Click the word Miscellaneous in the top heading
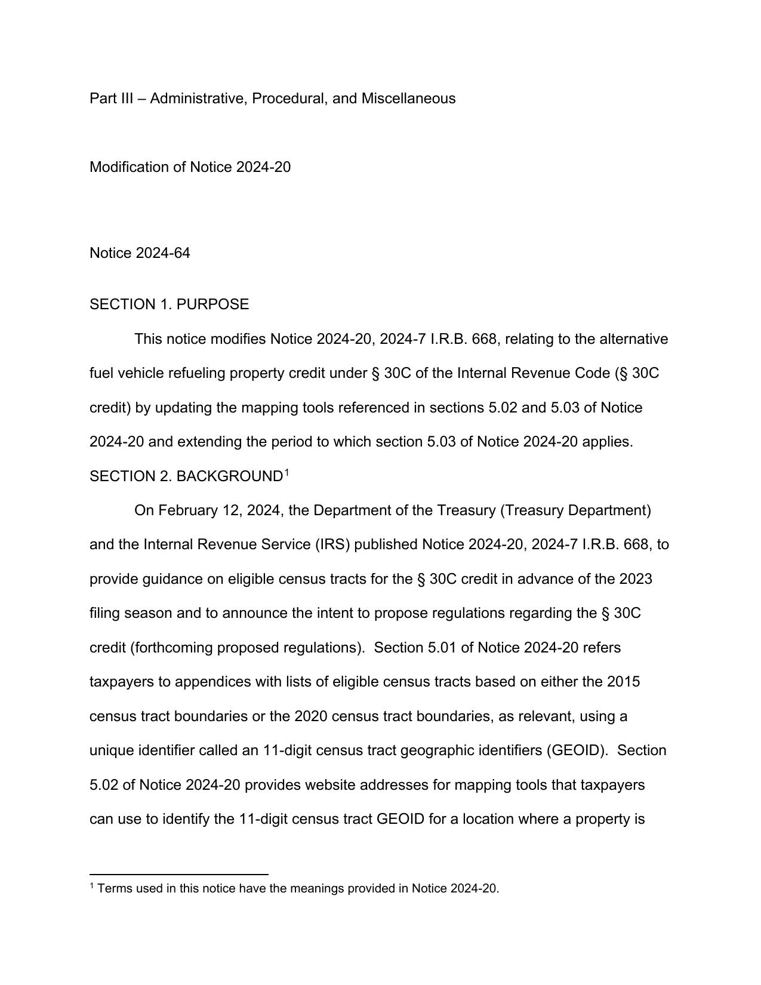click(x=408, y=98)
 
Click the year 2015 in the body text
click(x=623, y=682)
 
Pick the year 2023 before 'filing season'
click(x=635, y=579)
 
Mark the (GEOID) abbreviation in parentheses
click(x=575, y=750)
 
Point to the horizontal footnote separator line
click(x=178, y=874)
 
